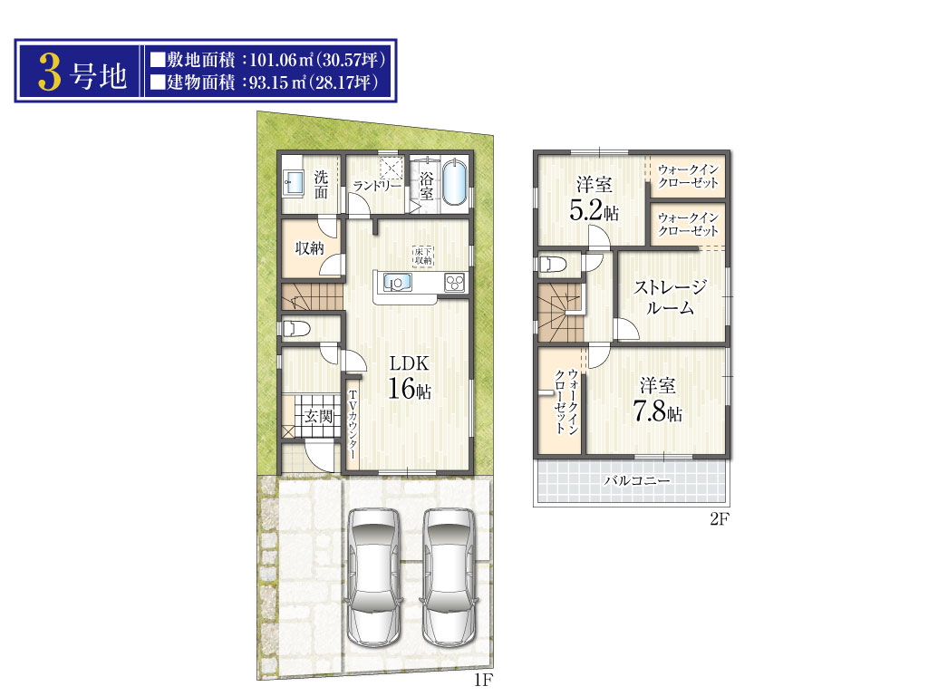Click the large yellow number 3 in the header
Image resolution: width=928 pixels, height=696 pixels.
[x=50, y=72]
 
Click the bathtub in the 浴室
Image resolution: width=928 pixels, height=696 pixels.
[x=454, y=181]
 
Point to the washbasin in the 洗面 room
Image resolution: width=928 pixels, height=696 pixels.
[x=294, y=182]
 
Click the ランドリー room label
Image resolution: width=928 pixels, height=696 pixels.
[x=376, y=185]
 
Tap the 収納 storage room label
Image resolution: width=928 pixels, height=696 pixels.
[x=310, y=247]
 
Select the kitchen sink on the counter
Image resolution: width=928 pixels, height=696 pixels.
[x=397, y=283]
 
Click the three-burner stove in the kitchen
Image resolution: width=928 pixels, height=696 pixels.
[x=455, y=283]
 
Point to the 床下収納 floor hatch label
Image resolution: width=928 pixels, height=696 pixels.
[x=423, y=256]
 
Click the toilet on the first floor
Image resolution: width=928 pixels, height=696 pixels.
[x=296, y=328]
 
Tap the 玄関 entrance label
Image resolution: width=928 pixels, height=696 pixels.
[x=318, y=416]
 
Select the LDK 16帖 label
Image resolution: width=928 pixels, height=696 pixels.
[x=409, y=377]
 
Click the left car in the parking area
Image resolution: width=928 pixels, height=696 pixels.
[x=374, y=577]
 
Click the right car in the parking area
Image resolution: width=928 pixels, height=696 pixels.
[x=449, y=577]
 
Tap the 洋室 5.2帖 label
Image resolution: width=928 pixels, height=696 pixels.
[x=594, y=198]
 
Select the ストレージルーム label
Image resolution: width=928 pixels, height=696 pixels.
[x=670, y=296]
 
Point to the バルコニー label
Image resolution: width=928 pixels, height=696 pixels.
[x=637, y=480]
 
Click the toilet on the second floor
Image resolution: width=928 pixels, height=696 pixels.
[x=553, y=264]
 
